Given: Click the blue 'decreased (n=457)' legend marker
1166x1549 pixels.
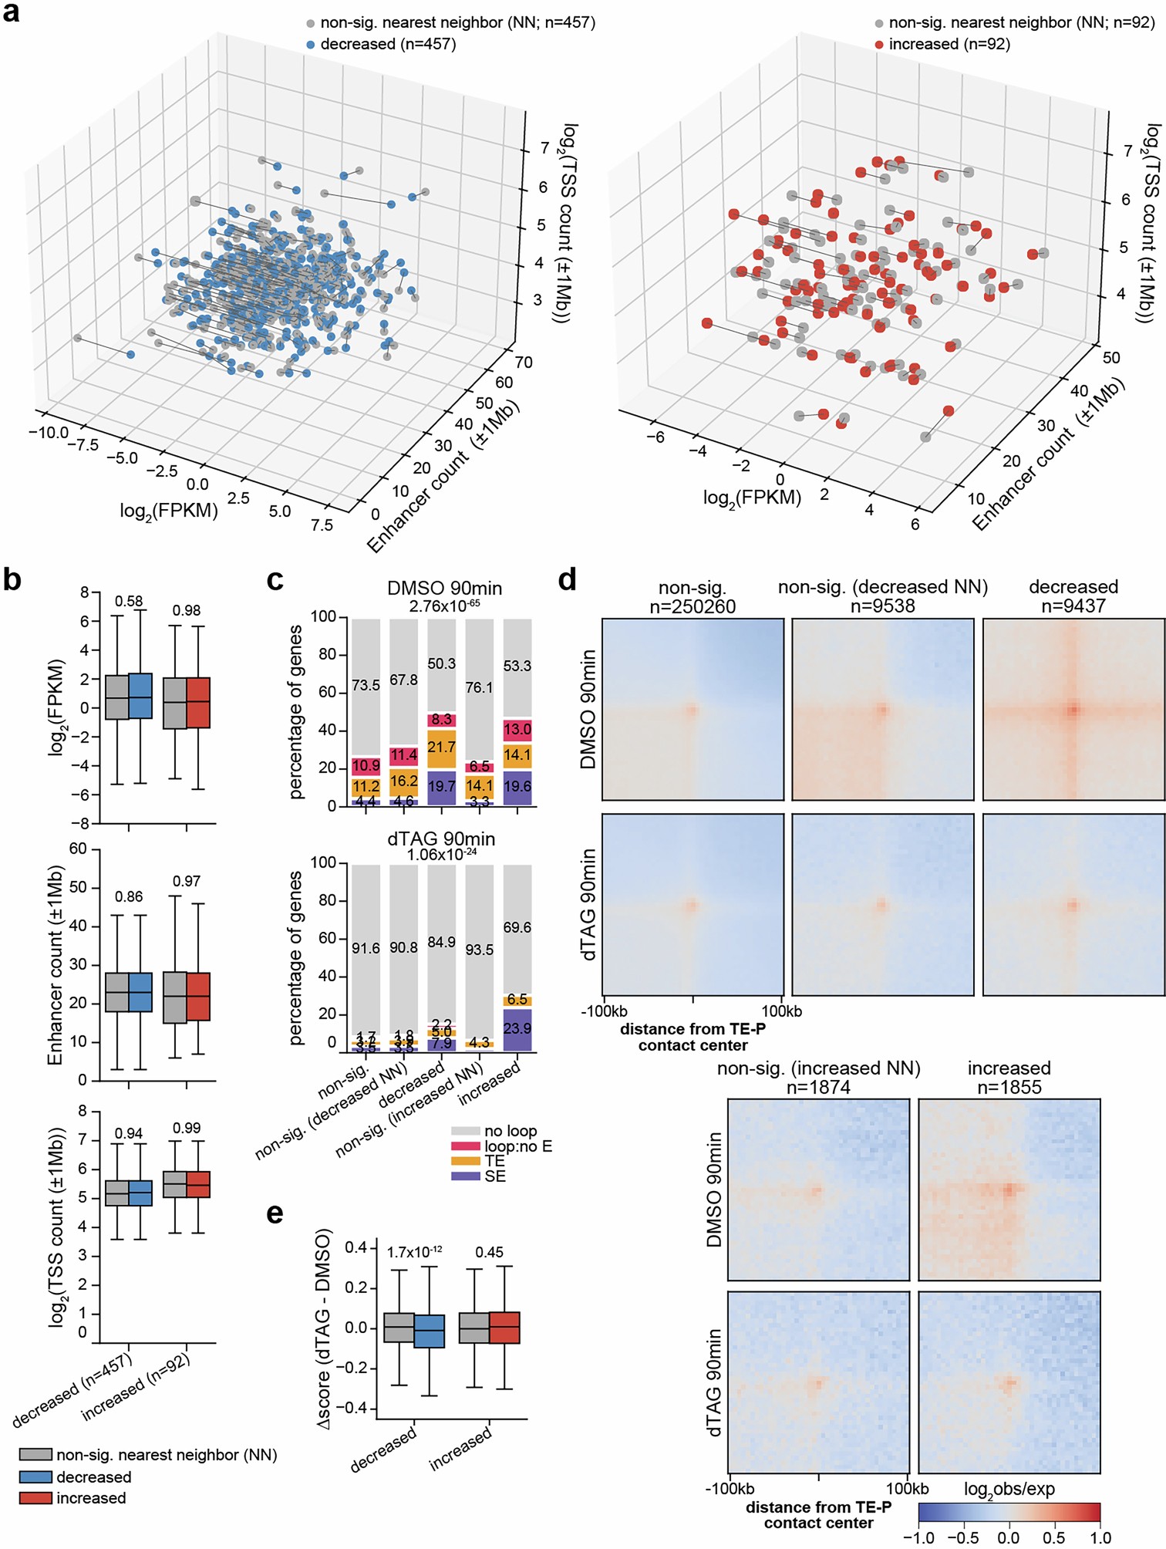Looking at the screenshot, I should point(311,45).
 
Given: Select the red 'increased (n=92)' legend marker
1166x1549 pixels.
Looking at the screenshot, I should point(879,45).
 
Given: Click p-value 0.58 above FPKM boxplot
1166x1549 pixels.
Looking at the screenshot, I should point(129,602).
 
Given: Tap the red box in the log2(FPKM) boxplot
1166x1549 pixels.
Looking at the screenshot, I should point(199,702).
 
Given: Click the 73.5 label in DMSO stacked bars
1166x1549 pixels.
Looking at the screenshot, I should point(366,685).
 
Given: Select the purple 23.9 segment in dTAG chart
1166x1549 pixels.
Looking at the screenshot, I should point(517,1029).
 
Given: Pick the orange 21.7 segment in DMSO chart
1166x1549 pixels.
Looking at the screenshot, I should point(442,747).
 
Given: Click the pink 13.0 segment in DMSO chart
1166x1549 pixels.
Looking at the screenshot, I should point(517,729).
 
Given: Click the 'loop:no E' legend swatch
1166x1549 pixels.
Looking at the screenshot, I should point(466,1146).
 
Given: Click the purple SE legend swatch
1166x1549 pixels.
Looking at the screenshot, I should point(466,1176).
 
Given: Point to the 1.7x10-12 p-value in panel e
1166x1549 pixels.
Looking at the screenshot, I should point(414,1252).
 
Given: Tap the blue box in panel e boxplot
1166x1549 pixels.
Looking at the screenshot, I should point(430,1331).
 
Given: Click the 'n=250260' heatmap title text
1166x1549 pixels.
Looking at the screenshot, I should point(693,607).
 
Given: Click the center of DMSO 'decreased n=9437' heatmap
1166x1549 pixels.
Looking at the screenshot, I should point(1073,709).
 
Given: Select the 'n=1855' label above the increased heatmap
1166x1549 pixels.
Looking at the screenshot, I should point(1009,1088).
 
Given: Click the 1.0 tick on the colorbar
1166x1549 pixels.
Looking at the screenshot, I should point(1100,1537).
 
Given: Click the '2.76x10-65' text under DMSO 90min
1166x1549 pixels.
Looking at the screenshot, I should point(444,606).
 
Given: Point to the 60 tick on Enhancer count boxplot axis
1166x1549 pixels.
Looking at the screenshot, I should point(78,849).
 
